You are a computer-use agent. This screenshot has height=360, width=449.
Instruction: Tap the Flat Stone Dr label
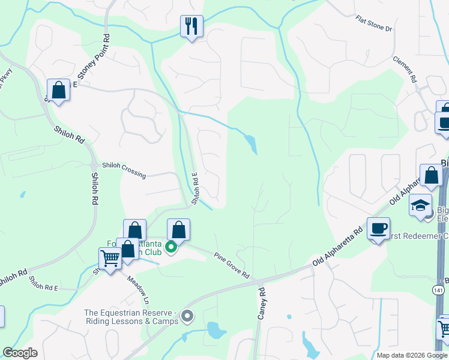point(373,24)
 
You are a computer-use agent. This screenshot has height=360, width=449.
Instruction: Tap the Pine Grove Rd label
point(232,265)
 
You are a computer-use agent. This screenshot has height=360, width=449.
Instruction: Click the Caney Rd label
point(262,303)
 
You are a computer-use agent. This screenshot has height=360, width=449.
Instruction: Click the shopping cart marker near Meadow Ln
point(110,259)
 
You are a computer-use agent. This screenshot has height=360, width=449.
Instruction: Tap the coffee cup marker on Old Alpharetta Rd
point(378,229)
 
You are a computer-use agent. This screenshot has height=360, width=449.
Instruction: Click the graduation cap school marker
point(420,205)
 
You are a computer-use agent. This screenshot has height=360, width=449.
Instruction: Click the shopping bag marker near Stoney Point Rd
point(58,91)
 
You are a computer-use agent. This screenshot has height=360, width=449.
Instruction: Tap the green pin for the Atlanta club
point(170,247)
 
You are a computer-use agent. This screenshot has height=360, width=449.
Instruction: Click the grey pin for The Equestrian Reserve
point(187,315)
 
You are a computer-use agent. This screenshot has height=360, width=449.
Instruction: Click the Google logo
point(20,353)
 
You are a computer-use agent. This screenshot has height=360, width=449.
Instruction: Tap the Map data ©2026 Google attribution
point(412,355)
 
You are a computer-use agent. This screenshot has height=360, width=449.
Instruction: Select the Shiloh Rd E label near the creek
point(196,188)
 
